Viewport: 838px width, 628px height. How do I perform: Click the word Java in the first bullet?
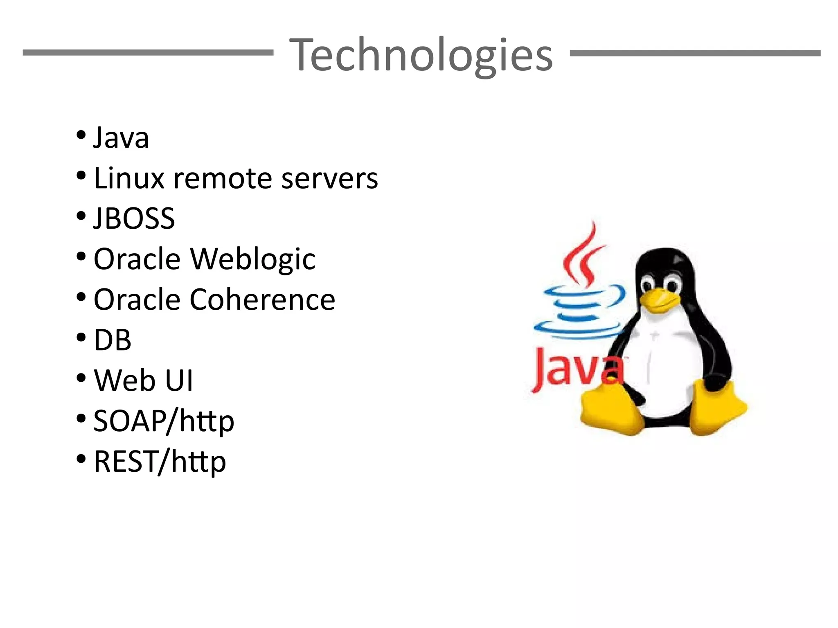click(121, 138)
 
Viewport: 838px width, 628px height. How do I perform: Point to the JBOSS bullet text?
click(134, 218)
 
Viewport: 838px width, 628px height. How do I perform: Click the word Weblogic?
click(253, 259)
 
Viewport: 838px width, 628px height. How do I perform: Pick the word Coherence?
click(262, 299)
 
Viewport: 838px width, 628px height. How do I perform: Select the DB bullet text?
click(113, 340)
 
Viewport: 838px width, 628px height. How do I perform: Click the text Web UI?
click(143, 380)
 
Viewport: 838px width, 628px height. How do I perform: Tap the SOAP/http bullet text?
click(164, 421)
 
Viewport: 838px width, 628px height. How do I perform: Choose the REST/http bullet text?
click(160, 461)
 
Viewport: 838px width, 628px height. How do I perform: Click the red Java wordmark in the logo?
click(573, 368)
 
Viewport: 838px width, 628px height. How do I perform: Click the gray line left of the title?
click(148, 53)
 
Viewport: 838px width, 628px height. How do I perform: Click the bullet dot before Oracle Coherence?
click(81, 297)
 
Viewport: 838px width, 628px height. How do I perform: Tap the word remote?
click(223, 178)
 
